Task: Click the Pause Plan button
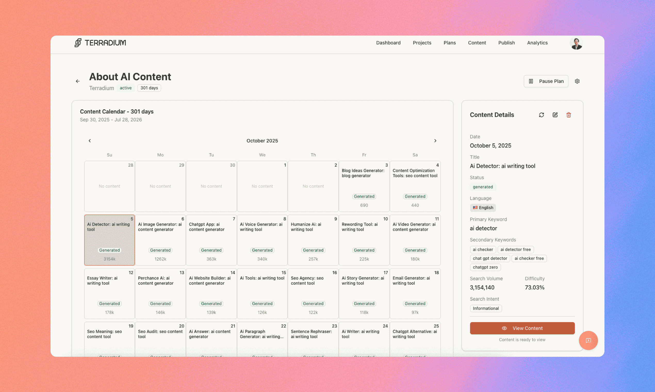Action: coord(546,81)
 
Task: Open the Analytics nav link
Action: coord(537,43)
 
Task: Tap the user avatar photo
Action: coord(576,43)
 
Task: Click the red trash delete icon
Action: coord(569,115)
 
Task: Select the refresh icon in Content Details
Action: coord(541,115)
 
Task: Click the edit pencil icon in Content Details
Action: coord(555,115)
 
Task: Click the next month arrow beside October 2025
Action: coord(435,141)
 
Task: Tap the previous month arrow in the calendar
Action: coord(90,141)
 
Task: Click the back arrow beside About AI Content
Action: coord(78,81)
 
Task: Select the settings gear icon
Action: coord(577,81)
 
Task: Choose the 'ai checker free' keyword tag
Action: coord(529,258)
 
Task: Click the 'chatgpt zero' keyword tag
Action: coord(485,267)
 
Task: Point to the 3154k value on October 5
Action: coord(109,259)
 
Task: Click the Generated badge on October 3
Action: coord(364,197)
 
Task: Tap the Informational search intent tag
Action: coord(485,308)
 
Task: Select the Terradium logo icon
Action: coord(78,43)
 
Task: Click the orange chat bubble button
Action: coord(588,340)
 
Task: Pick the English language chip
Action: coord(482,208)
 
